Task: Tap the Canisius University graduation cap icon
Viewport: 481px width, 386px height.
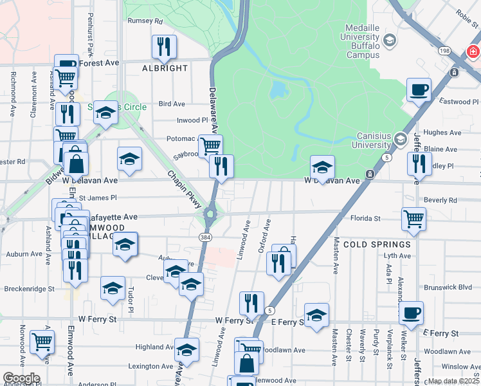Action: point(399,139)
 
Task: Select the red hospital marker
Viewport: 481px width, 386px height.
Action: point(473,51)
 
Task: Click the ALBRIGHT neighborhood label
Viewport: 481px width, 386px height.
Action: point(166,68)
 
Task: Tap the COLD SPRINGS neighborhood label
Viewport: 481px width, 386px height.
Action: point(377,244)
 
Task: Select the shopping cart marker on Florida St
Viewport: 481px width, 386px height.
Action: point(413,218)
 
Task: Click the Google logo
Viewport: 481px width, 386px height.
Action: point(21,378)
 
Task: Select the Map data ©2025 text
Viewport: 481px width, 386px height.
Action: point(454,381)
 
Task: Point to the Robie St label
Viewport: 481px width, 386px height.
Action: point(467,12)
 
